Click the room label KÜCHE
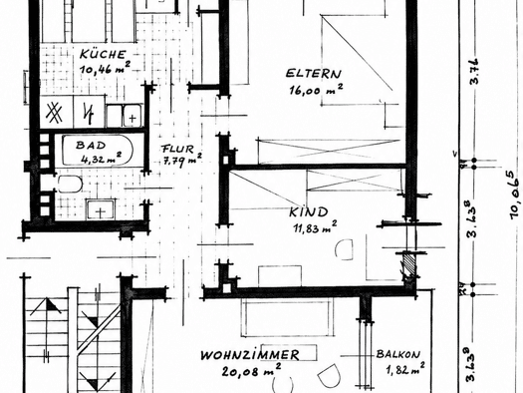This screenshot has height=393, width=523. [103, 54]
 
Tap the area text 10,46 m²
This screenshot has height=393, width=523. [105, 68]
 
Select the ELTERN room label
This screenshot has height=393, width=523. [314, 74]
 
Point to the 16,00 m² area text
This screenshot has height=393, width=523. [316, 90]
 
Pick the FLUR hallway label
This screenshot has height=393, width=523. [177, 149]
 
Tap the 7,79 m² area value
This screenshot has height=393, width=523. [182, 161]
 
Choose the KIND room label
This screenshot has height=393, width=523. [309, 212]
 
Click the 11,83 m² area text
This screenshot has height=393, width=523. [315, 227]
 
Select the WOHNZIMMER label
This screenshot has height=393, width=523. [250, 355]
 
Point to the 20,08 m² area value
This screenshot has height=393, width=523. [251, 370]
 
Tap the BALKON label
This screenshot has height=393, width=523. [398, 354]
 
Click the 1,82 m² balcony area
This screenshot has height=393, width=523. [405, 368]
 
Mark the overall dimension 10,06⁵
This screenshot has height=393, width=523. [513, 196]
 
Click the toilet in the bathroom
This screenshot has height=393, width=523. [70, 185]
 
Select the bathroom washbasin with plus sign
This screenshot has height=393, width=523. [101, 210]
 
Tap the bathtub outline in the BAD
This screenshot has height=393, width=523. [98, 151]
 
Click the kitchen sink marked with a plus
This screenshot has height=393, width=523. [132, 117]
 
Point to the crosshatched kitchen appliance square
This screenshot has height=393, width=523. [54, 113]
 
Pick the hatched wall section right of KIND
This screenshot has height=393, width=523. [409, 263]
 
